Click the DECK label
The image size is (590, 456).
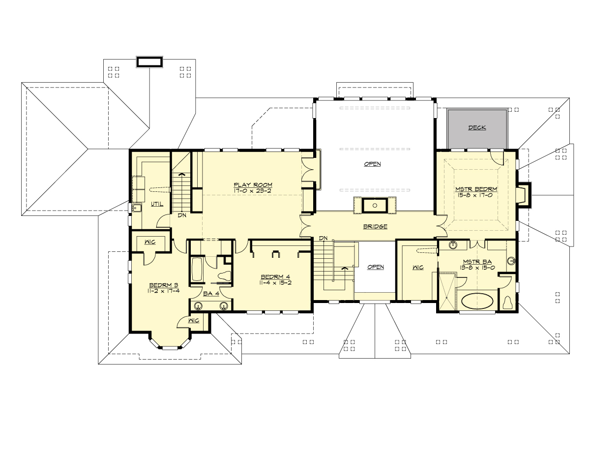tap(477, 127)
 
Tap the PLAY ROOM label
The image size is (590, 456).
tap(253, 185)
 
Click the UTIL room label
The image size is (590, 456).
tap(157, 204)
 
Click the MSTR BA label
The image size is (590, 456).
tap(474, 261)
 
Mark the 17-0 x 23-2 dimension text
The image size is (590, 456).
tap(253, 191)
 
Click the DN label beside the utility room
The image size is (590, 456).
tap(182, 215)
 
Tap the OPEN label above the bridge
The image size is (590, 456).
tap(372, 164)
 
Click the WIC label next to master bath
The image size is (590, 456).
tap(417, 267)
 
